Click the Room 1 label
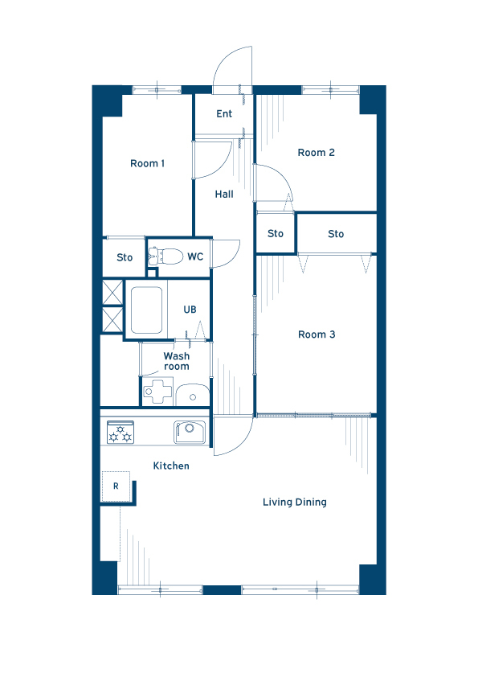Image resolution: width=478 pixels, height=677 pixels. point(147,163)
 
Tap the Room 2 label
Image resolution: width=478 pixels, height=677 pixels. point(316,153)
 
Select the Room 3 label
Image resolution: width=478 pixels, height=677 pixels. point(317,334)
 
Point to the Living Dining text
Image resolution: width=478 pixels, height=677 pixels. point(295,503)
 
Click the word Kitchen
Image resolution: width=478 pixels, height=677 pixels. point(171,466)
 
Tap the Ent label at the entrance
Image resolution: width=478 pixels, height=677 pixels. point(224,113)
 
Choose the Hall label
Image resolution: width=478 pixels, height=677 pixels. point(224,195)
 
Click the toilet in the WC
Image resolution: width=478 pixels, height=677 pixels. point(165,256)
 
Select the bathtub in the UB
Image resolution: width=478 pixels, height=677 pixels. point(146,310)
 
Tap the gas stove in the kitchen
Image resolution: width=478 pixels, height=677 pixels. point(121,433)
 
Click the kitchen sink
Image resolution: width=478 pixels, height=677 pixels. point(190,433)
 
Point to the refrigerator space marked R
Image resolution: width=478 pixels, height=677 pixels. point(116,486)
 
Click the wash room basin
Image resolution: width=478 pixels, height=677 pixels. point(193,395)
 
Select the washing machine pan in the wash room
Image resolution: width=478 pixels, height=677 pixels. point(157,392)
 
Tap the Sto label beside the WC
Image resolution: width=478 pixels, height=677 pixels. point(125,257)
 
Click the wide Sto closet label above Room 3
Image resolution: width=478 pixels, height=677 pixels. point(336,234)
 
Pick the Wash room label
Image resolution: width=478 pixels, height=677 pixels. point(177,361)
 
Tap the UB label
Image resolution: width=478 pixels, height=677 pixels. point(190,310)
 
